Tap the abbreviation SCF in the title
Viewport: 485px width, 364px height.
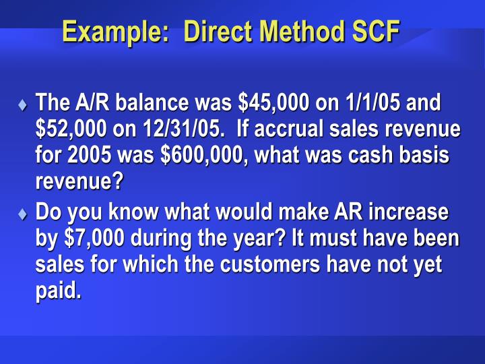[x=375, y=31]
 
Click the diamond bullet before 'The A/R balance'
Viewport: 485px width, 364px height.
[x=22, y=105]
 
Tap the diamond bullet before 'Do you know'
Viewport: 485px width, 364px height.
[x=22, y=214]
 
